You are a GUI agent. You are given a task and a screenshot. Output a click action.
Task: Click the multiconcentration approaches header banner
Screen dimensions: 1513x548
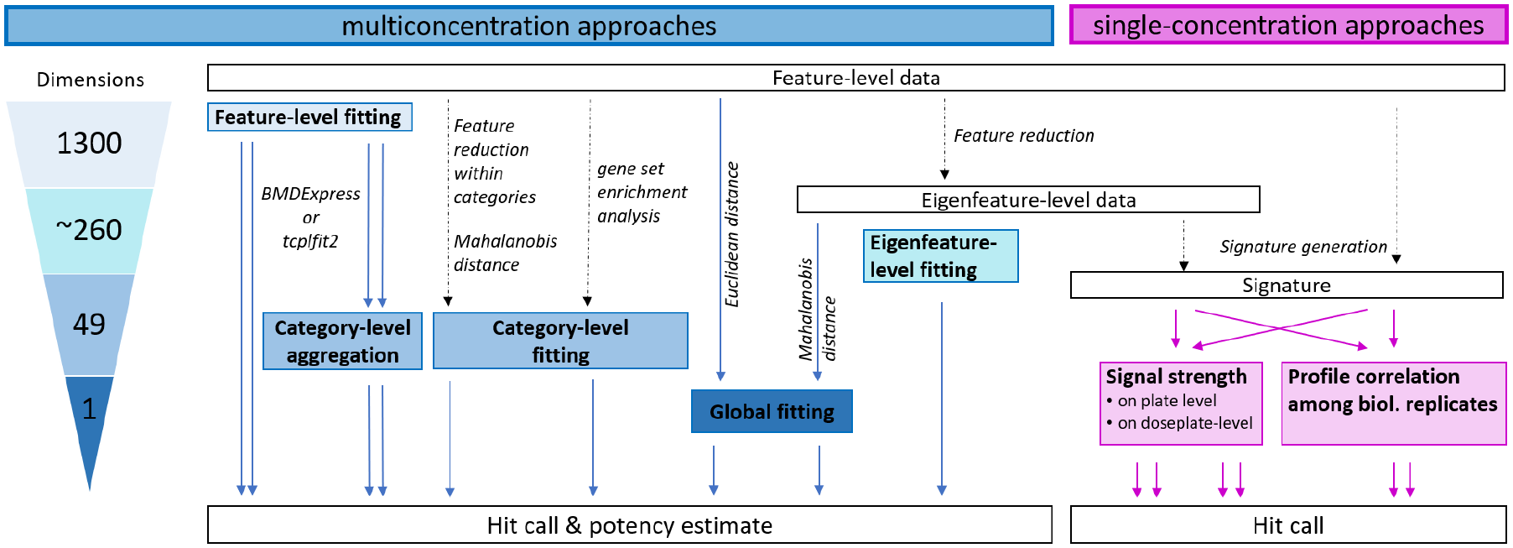tap(529, 26)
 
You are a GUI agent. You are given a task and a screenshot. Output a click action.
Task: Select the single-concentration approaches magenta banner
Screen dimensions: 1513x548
tap(1288, 25)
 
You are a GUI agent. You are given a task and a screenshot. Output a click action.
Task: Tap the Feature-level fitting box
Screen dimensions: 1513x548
tap(309, 117)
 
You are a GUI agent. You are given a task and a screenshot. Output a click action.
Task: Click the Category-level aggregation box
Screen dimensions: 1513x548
tap(342, 341)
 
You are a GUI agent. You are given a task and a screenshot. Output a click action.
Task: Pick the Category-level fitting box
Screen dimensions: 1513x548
tap(560, 341)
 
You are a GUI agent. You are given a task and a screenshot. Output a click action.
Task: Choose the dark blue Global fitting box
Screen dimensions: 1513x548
tap(772, 411)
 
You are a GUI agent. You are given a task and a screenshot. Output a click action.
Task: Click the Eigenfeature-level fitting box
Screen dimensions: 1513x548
tap(940, 256)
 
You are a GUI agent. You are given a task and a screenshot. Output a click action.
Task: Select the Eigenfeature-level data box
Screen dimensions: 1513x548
tap(1028, 200)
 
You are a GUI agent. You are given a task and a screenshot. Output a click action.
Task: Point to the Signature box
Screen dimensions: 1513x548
tap(1287, 285)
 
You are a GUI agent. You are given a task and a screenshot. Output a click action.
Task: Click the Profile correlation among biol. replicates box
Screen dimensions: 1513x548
tap(1394, 403)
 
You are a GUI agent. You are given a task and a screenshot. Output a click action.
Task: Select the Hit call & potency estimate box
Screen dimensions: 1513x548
tap(630, 525)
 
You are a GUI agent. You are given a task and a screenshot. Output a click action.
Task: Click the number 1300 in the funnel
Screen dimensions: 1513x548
tap(89, 144)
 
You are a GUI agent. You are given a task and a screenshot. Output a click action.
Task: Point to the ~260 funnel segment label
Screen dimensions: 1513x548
tap(89, 230)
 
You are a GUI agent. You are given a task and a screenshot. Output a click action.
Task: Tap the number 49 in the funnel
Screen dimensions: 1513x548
tap(89, 325)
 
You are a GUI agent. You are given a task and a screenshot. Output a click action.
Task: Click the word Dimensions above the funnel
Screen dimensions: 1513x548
tap(91, 80)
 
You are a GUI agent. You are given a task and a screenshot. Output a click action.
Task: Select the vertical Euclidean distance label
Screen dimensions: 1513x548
tap(732, 234)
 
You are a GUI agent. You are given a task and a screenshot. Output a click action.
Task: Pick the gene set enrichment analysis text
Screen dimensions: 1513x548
tap(642, 192)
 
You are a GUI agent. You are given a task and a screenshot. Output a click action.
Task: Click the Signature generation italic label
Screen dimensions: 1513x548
tap(1303, 247)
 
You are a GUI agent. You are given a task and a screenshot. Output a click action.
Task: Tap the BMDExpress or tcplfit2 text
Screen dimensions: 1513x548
tap(310, 217)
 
